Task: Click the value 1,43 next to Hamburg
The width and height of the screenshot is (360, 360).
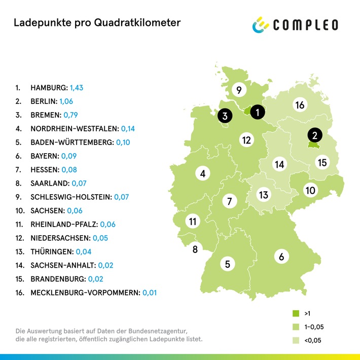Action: pos(77,88)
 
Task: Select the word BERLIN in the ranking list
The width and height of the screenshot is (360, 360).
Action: pos(43,101)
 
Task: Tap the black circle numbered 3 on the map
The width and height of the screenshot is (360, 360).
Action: pos(224,116)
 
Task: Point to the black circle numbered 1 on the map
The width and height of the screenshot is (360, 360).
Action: pos(258,112)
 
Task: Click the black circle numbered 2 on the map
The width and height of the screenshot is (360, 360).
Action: pos(314,135)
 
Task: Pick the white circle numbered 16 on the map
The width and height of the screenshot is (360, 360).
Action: pos(299,105)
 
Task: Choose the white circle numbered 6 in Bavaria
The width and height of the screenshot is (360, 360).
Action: pos(281,257)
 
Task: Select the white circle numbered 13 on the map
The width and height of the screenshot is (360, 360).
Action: pos(263,195)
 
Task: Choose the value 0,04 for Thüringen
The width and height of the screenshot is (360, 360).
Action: pos(84,251)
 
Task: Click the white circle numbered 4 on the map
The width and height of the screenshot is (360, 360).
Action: pos(203,174)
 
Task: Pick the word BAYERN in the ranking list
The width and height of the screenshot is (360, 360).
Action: pos(44,156)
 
